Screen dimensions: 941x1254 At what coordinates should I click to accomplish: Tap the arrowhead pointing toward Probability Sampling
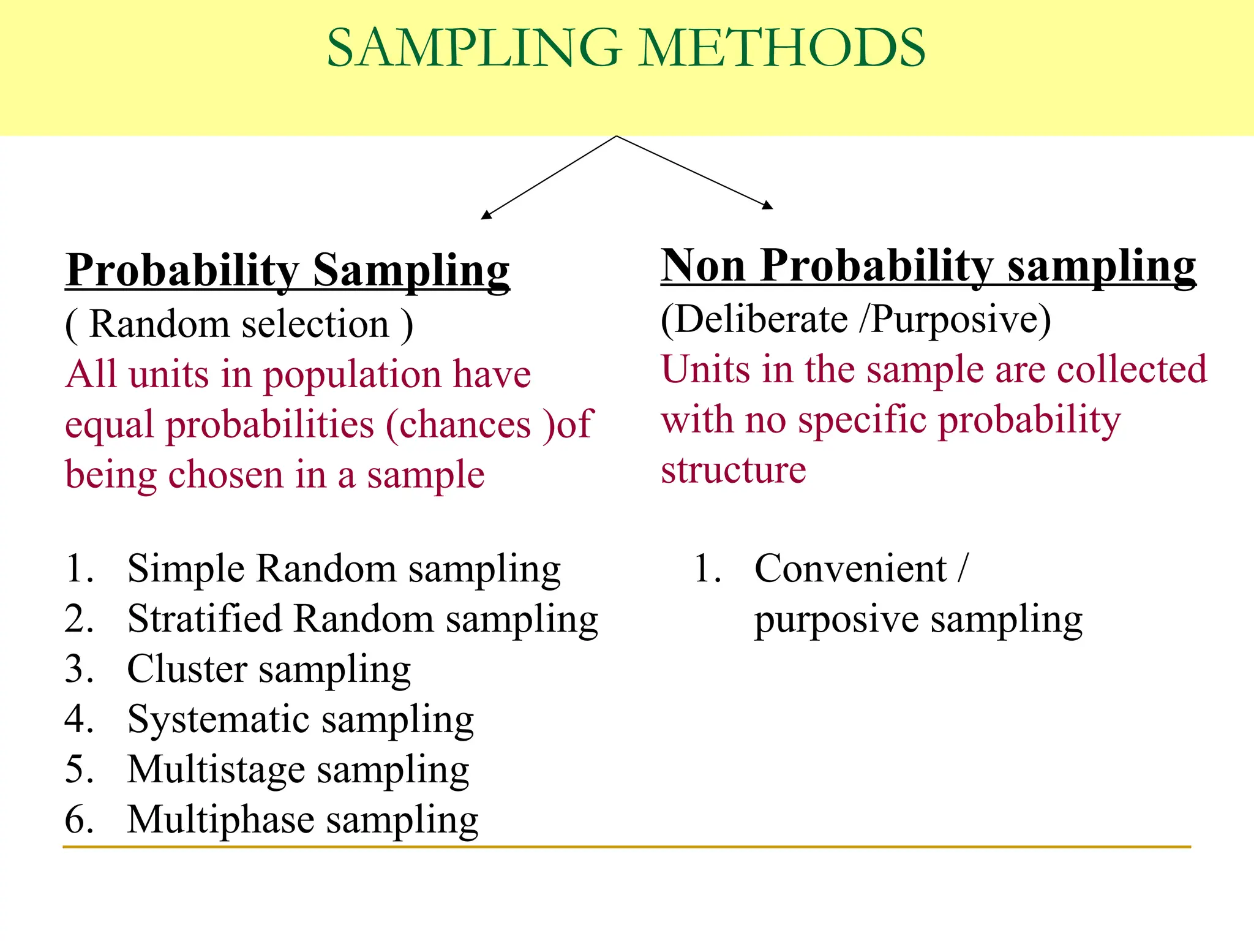click(486, 214)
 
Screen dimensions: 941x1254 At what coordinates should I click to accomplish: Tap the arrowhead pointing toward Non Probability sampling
click(768, 205)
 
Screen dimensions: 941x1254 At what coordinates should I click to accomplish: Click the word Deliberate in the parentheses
click(762, 320)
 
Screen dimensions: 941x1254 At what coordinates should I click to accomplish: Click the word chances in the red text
click(465, 425)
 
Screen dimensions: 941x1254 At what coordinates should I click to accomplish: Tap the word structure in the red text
click(734, 470)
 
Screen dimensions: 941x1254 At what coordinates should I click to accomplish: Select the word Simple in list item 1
click(186, 570)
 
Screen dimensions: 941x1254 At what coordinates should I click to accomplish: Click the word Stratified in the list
click(205, 619)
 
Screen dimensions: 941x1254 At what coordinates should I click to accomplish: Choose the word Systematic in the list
click(218, 720)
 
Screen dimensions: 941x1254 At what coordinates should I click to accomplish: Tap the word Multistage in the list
click(216, 770)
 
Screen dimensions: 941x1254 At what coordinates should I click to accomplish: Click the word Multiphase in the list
click(220, 820)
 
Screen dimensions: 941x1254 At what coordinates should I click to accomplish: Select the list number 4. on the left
click(79, 719)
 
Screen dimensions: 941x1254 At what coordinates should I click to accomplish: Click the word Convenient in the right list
click(851, 569)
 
